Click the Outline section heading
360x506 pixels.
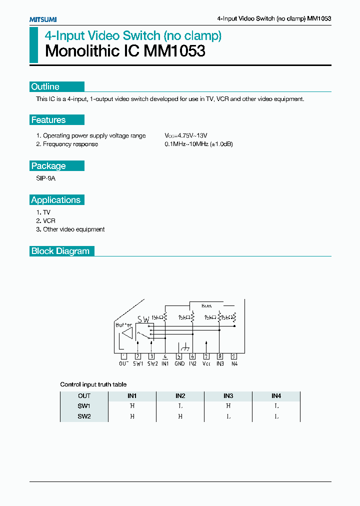point(45,86)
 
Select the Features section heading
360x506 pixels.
point(48,120)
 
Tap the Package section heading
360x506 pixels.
point(48,166)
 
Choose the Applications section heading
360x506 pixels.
point(55,200)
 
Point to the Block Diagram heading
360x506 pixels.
point(60,251)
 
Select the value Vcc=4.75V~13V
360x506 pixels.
point(186,135)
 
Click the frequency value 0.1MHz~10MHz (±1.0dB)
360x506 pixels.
point(199,144)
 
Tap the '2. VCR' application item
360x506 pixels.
point(46,221)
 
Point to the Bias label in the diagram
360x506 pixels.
point(206,305)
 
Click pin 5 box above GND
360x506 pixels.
point(179,356)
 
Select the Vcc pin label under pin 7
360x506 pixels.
point(206,364)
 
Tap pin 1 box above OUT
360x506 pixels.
point(124,356)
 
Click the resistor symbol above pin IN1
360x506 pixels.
point(165,317)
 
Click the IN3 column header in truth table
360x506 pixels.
point(228,395)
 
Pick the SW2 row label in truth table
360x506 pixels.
point(84,416)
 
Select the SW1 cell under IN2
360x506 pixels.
point(180,406)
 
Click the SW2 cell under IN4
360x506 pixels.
point(276,416)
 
